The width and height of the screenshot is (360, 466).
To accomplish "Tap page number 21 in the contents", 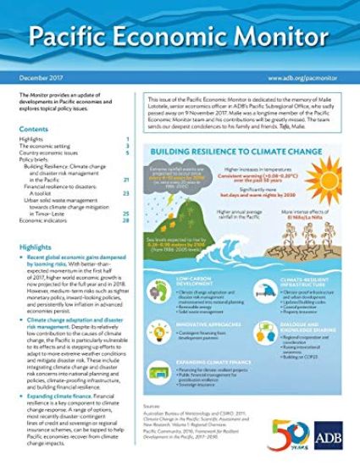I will coord(125,180).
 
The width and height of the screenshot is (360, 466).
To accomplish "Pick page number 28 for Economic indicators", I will coord(125,220).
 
